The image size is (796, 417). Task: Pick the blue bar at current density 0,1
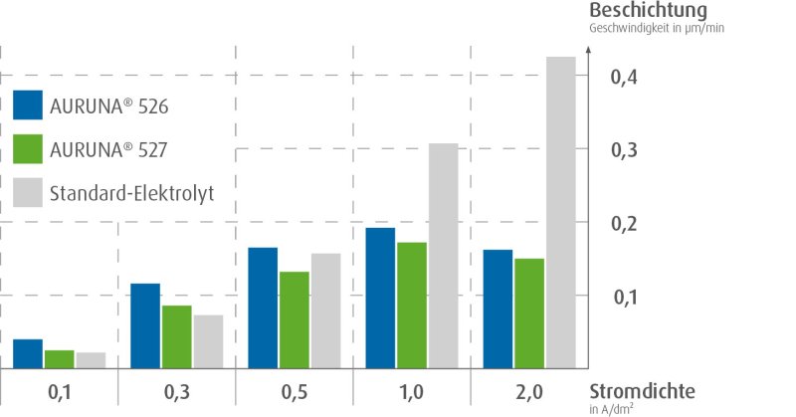click(x=28, y=354)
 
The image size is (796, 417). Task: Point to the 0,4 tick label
click(x=623, y=77)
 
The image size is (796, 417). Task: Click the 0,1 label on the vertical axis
click(x=623, y=298)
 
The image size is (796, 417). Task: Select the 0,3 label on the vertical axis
click(x=623, y=150)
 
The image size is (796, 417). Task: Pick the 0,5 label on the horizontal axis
click(x=295, y=392)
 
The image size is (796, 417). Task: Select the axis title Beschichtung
click(x=648, y=10)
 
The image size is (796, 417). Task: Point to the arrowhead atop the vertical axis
click(x=591, y=51)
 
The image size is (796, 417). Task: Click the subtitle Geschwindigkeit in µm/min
click(x=657, y=28)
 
